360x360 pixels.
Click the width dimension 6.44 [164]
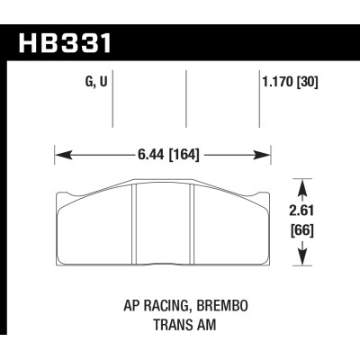(x=165, y=153)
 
